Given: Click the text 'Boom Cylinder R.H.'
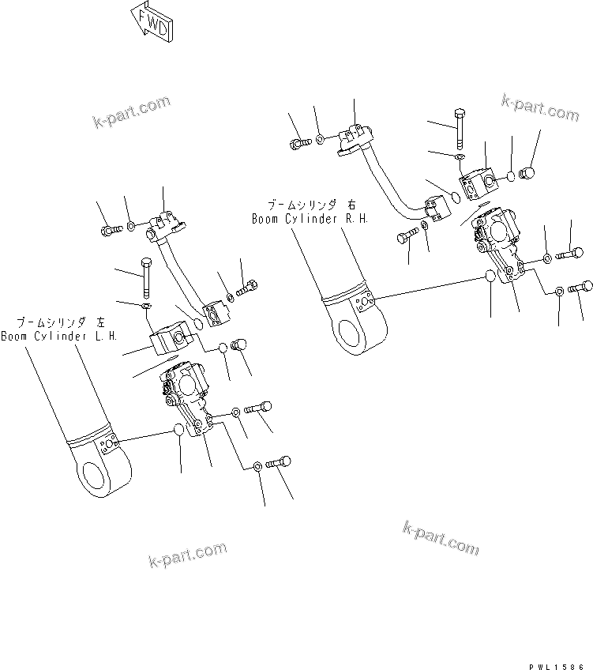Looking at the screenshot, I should [x=310, y=218].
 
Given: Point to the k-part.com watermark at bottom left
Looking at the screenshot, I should [x=187, y=555].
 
